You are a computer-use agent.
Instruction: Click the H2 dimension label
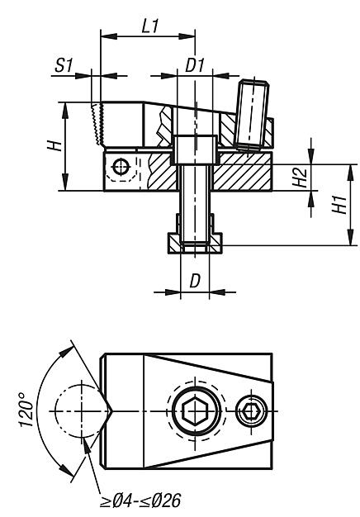(x=301, y=178)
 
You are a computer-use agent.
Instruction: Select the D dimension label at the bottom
(x=195, y=281)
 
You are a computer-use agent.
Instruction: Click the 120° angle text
(x=27, y=409)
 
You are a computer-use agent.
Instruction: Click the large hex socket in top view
(x=195, y=410)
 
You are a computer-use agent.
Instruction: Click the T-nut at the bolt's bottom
(x=195, y=242)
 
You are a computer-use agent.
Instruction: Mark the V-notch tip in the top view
(x=109, y=410)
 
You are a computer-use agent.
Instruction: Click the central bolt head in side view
(x=195, y=149)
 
